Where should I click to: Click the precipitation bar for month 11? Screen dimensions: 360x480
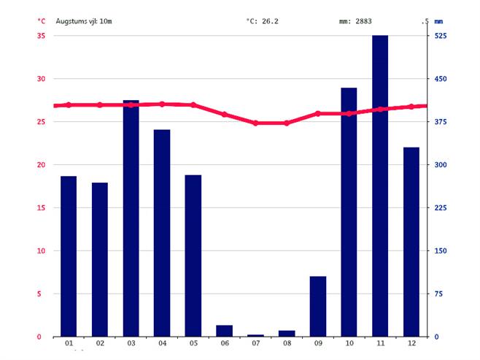[x=380, y=185]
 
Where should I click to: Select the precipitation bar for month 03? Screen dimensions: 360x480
[x=131, y=218]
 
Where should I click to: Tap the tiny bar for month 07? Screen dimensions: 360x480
[x=255, y=335]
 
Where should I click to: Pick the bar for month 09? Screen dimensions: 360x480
[x=318, y=306]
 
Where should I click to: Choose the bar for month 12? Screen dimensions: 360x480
[x=411, y=242]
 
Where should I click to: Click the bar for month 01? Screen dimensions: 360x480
[x=69, y=256]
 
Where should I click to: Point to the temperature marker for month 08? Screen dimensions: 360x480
[x=287, y=123]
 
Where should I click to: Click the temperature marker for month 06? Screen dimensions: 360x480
[x=225, y=115]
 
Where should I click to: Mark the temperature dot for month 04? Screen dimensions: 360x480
[x=162, y=104]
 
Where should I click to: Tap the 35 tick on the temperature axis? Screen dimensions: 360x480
[x=41, y=36]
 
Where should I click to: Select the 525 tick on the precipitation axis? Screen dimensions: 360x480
[x=441, y=36]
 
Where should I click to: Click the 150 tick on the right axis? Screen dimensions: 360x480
[x=441, y=250]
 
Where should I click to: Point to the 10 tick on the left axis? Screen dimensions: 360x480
[x=41, y=250]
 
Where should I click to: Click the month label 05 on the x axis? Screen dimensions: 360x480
[x=193, y=344]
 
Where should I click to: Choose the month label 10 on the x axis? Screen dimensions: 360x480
[x=349, y=344]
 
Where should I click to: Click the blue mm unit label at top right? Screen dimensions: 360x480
[x=438, y=21]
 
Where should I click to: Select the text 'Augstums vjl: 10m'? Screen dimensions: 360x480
[x=85, y=21]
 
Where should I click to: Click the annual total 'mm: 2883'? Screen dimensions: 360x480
[x=355, y=21]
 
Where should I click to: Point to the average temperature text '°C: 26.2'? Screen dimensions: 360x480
[x=262, y=21]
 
